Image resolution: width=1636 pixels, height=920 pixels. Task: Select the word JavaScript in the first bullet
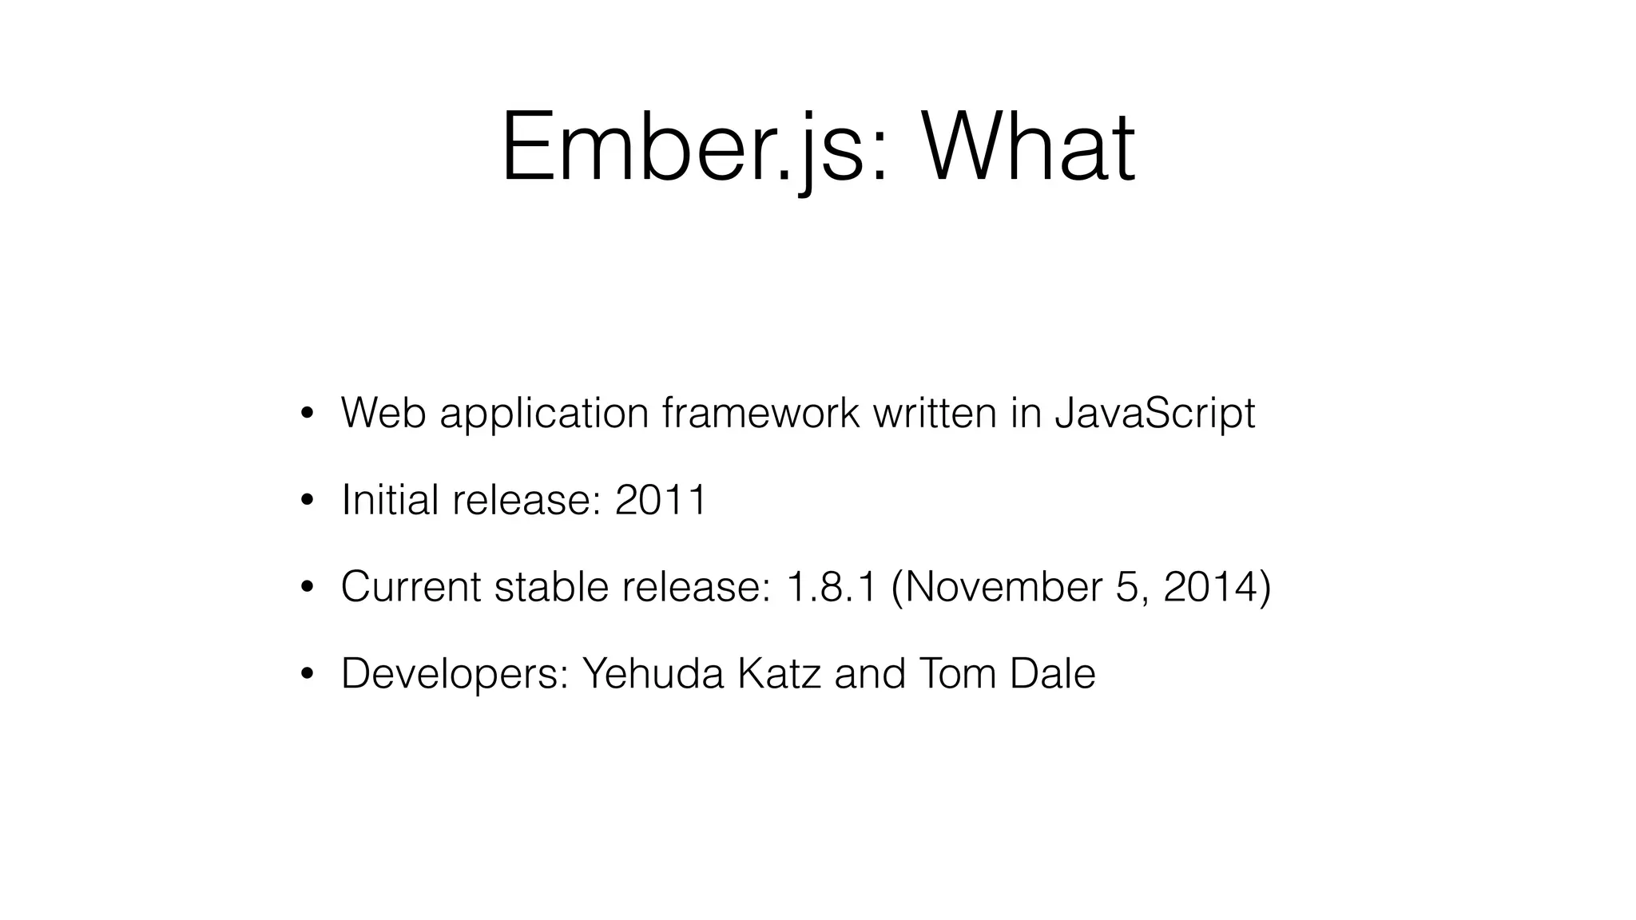(1154, 414)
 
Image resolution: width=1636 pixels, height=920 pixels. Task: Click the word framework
(760, 414)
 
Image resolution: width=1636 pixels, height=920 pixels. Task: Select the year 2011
(661, 500)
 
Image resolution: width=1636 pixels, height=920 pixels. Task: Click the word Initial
(390, 500)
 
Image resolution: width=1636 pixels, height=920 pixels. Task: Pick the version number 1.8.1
(832, 587)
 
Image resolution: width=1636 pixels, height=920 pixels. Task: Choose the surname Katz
(779, 673)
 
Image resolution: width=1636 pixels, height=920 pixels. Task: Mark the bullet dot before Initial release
(306, 502)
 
